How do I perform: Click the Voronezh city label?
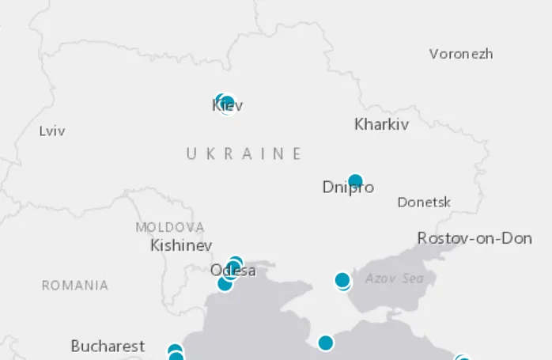461,54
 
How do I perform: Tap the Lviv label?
52,131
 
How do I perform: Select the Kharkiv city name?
381,124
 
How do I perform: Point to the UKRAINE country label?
244,153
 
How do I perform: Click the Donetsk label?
424,203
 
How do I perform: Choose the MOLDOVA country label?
169,227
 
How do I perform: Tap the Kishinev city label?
181,245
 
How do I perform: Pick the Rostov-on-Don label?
474,238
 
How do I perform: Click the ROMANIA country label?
75,286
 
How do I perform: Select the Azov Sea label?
394,279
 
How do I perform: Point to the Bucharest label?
108,346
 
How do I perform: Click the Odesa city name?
233,271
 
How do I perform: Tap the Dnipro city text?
348,188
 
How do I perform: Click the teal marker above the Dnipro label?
355,180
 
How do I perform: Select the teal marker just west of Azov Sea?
342,280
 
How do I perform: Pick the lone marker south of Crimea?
325,343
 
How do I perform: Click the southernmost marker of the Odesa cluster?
225,283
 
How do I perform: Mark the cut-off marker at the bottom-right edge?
463,358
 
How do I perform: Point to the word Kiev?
227,105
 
